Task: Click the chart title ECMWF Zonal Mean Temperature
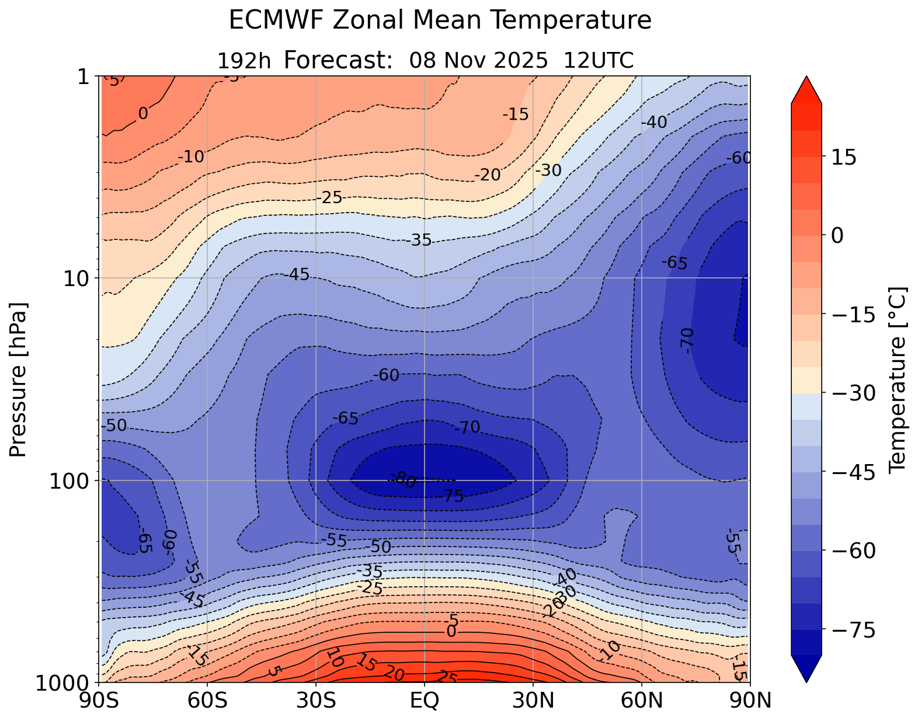440,20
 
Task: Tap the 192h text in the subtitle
244,61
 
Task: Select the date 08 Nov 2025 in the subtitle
478,60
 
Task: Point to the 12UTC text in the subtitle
599,60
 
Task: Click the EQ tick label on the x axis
425,700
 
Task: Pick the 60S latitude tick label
208,700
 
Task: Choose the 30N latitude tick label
533,700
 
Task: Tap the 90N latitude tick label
750,700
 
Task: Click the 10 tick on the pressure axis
75,278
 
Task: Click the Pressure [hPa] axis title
19,379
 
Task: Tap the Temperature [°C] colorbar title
896,379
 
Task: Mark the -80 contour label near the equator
404,480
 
